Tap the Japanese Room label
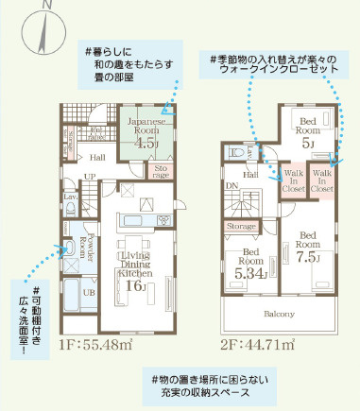click(x=146, y=128)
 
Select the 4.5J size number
click(x=146, y=145)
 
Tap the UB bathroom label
click(x=89, y=293)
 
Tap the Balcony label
click(x=280, y=314)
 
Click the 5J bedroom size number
click(x=308, y=143)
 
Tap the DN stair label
click(x=231, y=187)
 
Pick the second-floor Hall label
click(x=251, y=174)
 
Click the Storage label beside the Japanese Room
click(x=162, y=171)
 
